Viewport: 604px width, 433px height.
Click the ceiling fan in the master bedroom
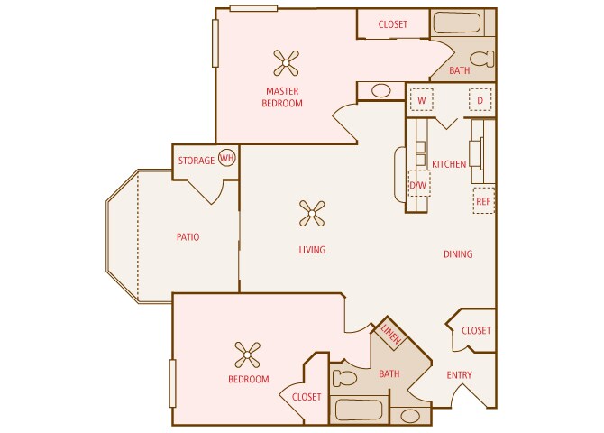point(286,62)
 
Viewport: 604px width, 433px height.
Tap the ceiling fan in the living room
point(311,213)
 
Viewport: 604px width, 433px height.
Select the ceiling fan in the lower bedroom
point(247,353)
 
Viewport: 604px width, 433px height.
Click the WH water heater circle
point(226,159)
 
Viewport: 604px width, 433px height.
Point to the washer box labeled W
point(421,100)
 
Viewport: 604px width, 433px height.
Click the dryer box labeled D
point(480,100)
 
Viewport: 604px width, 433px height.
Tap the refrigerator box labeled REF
point(483,201)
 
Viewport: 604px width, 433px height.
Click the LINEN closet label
point(391,332)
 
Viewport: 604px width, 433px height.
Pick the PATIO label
point(188,237)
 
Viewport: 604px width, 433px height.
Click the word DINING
point(458,254)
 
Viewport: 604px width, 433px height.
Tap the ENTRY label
point(460,375)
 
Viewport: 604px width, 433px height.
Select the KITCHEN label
point(449,164)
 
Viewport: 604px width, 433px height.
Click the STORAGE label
point(196,161)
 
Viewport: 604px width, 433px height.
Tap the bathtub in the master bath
point(462,23)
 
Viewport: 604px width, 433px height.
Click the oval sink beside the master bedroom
point(381,90)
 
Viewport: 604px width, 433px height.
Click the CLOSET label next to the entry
point(476,330)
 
